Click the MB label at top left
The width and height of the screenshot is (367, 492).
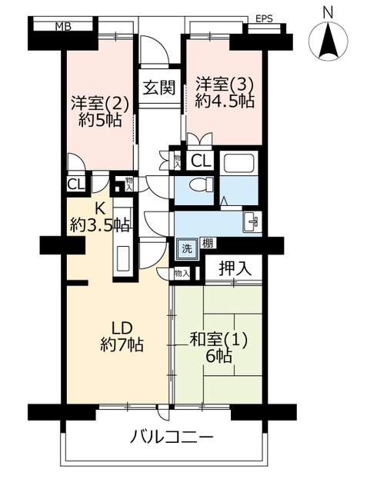63,27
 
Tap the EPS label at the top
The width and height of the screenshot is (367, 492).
264,18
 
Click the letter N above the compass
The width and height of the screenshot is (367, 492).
328,13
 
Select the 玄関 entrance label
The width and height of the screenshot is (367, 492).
159,88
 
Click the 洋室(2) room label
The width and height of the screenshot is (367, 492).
100,104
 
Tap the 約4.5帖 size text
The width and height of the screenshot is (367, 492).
225,101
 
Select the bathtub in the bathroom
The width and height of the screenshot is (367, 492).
239,164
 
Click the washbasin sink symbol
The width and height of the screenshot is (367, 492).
252,221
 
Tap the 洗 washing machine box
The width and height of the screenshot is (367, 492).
187,249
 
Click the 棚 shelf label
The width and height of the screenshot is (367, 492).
208,243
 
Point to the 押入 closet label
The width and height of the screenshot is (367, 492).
235,268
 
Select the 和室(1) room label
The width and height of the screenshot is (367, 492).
219,340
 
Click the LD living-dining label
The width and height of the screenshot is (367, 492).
122,328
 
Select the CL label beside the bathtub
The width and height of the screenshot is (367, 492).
200,161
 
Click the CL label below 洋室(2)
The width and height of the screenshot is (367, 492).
76,184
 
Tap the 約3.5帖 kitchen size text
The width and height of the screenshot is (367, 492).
100,224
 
